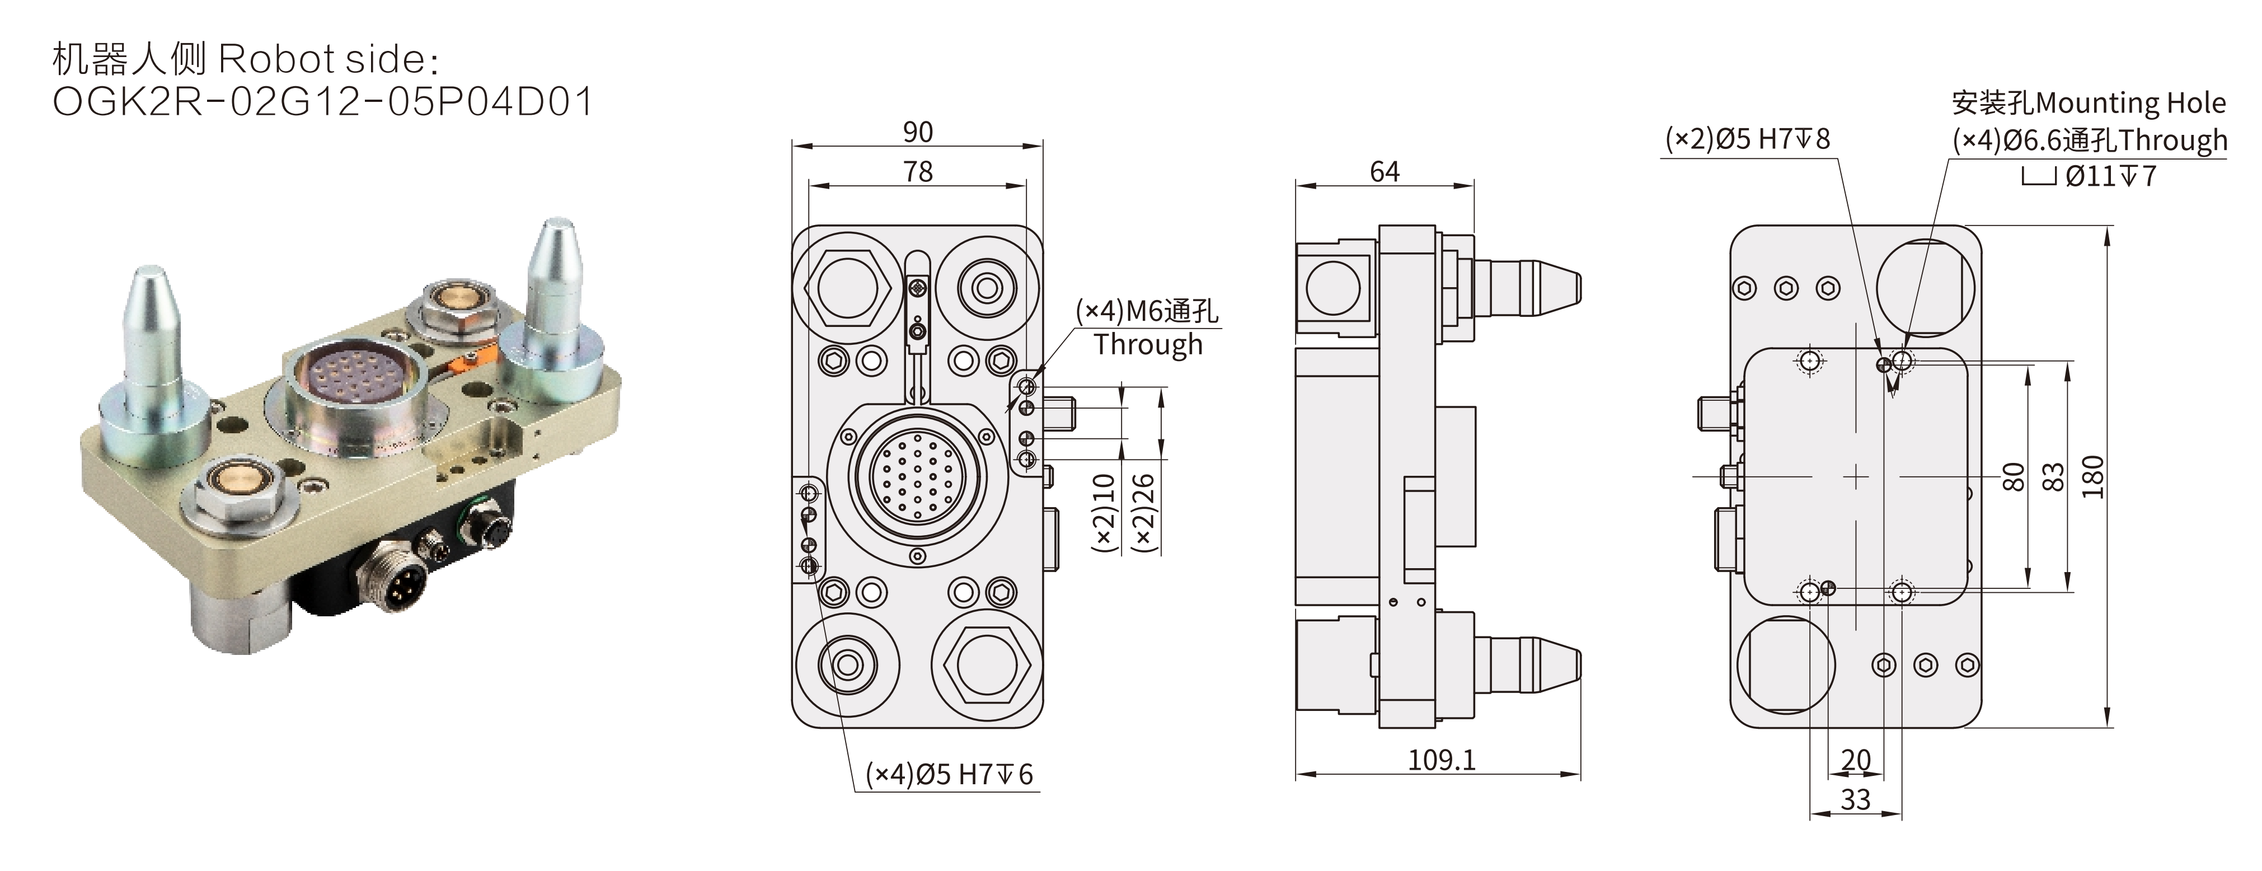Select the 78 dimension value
918,172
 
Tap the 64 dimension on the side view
1384,172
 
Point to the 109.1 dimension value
1441,760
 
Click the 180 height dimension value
2094,477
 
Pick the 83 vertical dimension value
2053,477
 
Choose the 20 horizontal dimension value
1856,760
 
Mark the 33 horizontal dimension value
1856,800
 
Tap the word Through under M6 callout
1148,345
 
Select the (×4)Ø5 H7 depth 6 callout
949,774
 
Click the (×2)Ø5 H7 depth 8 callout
1748,139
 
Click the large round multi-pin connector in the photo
355,391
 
